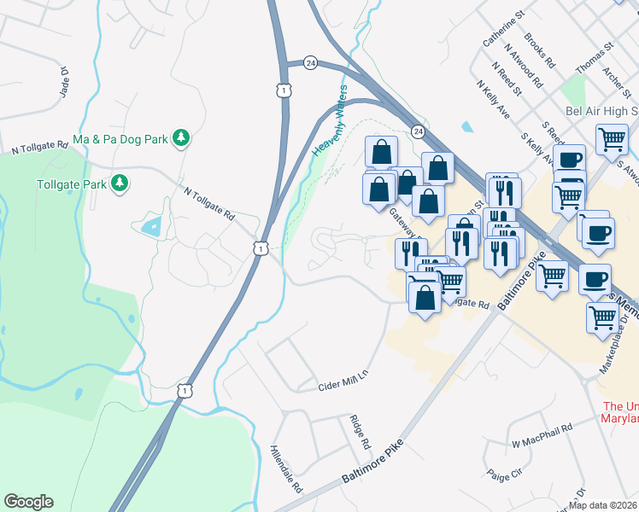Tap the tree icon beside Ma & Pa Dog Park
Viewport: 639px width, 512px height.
coord(180,137)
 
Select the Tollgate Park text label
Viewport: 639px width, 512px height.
coord(71,183)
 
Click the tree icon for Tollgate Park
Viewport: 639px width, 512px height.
coord(120,183)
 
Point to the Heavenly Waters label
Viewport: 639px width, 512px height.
coord(330,120)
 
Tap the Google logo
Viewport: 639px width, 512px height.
coord(28,502)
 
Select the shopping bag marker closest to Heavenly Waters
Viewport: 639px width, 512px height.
coord(381,152)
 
